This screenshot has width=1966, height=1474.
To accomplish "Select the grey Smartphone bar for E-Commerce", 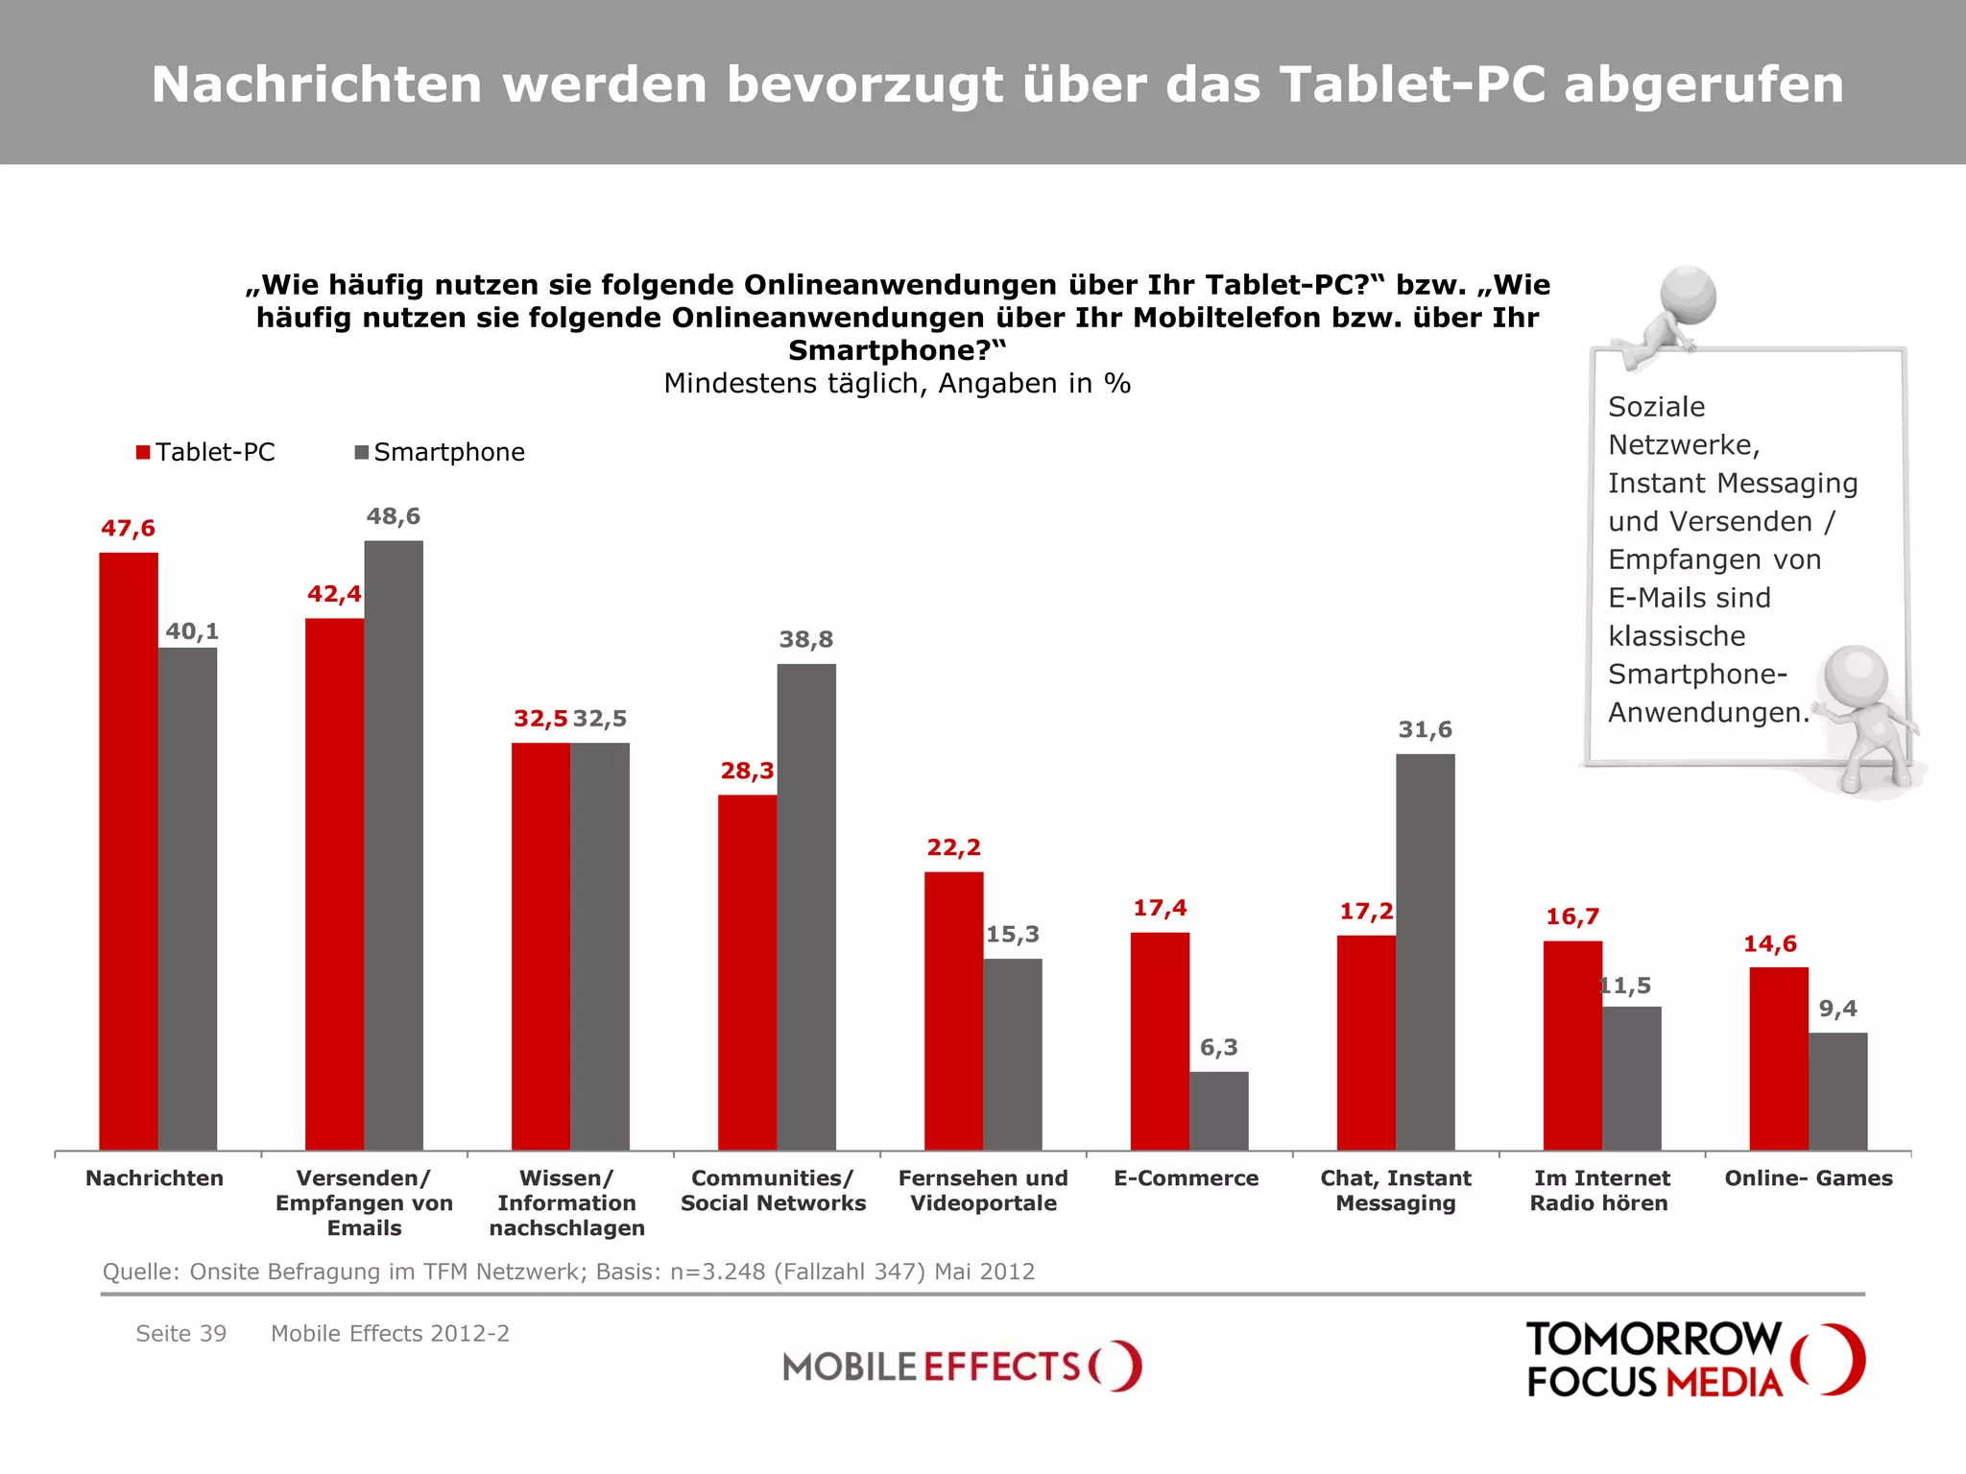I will click(x=1218, y=1110).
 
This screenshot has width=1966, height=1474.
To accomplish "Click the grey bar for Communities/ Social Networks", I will click(x=805, y=906).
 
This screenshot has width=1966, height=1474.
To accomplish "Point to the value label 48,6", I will click(x=393, y=516).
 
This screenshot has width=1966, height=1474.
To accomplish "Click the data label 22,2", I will click(x=953, y=847).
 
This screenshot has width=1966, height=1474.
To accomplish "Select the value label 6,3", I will click(x=1218, y=1047).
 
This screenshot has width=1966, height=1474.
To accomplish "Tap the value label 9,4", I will click(x=1837, y=1009).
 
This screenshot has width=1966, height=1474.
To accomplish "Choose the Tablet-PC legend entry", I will click(x=205, y=452).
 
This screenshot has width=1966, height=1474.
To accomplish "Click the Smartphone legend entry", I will click(x=440, y=452).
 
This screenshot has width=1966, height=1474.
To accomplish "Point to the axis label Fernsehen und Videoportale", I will click(x=983, y=1190).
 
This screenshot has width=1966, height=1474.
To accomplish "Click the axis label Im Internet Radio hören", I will click(x=1600, y=1190).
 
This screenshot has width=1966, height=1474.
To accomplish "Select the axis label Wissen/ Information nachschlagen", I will click(x=566, y=1202).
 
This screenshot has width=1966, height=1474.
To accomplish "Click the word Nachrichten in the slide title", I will click(x=317, y=84).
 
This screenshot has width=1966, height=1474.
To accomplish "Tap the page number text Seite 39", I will click(x=180, y=1333).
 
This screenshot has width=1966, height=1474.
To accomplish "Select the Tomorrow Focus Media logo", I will click(x=1694, y=1359).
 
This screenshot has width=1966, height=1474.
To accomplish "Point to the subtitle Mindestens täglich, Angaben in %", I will click(x=897, y=384).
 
